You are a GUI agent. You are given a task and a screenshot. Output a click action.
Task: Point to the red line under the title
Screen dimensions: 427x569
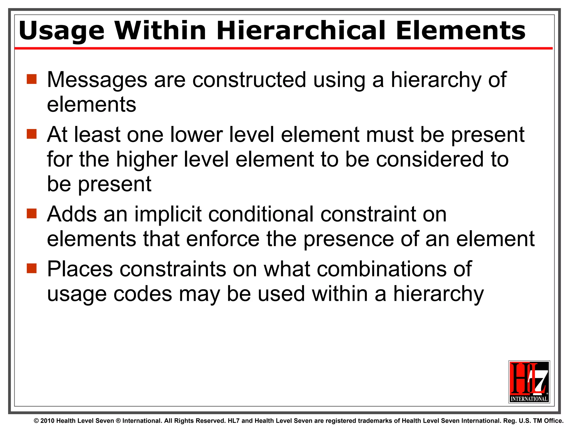point(283,48)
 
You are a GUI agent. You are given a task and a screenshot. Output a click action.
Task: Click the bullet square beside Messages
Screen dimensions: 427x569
point(32,79)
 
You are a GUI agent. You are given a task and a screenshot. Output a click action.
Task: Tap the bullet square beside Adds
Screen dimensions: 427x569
point(32,213)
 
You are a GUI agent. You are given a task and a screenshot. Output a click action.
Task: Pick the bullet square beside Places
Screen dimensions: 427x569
point(32,268)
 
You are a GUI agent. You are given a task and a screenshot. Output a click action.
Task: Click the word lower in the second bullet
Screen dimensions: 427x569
point(196,135)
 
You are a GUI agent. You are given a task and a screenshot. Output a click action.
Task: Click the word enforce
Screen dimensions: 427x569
point(223,239)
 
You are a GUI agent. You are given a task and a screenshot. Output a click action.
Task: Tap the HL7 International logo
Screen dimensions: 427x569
point(529,382)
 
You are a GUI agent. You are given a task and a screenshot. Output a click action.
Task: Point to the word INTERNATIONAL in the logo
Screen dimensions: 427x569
point(529,399)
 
